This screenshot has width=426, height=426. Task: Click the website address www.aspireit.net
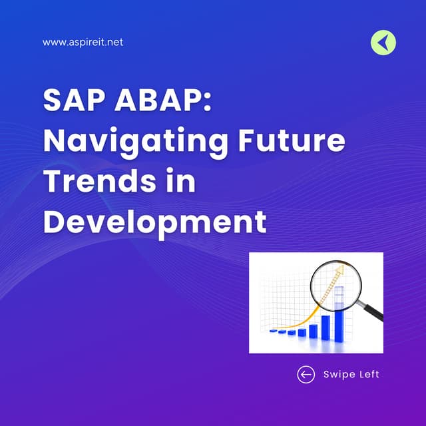(83, 42)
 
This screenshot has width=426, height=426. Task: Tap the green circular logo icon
(383, 43)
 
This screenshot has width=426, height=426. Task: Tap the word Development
(154, 221)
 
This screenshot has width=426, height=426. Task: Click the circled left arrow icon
(306, 374)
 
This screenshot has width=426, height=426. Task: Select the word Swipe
(339, 374)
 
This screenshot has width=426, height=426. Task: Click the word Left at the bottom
(367, 374)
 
